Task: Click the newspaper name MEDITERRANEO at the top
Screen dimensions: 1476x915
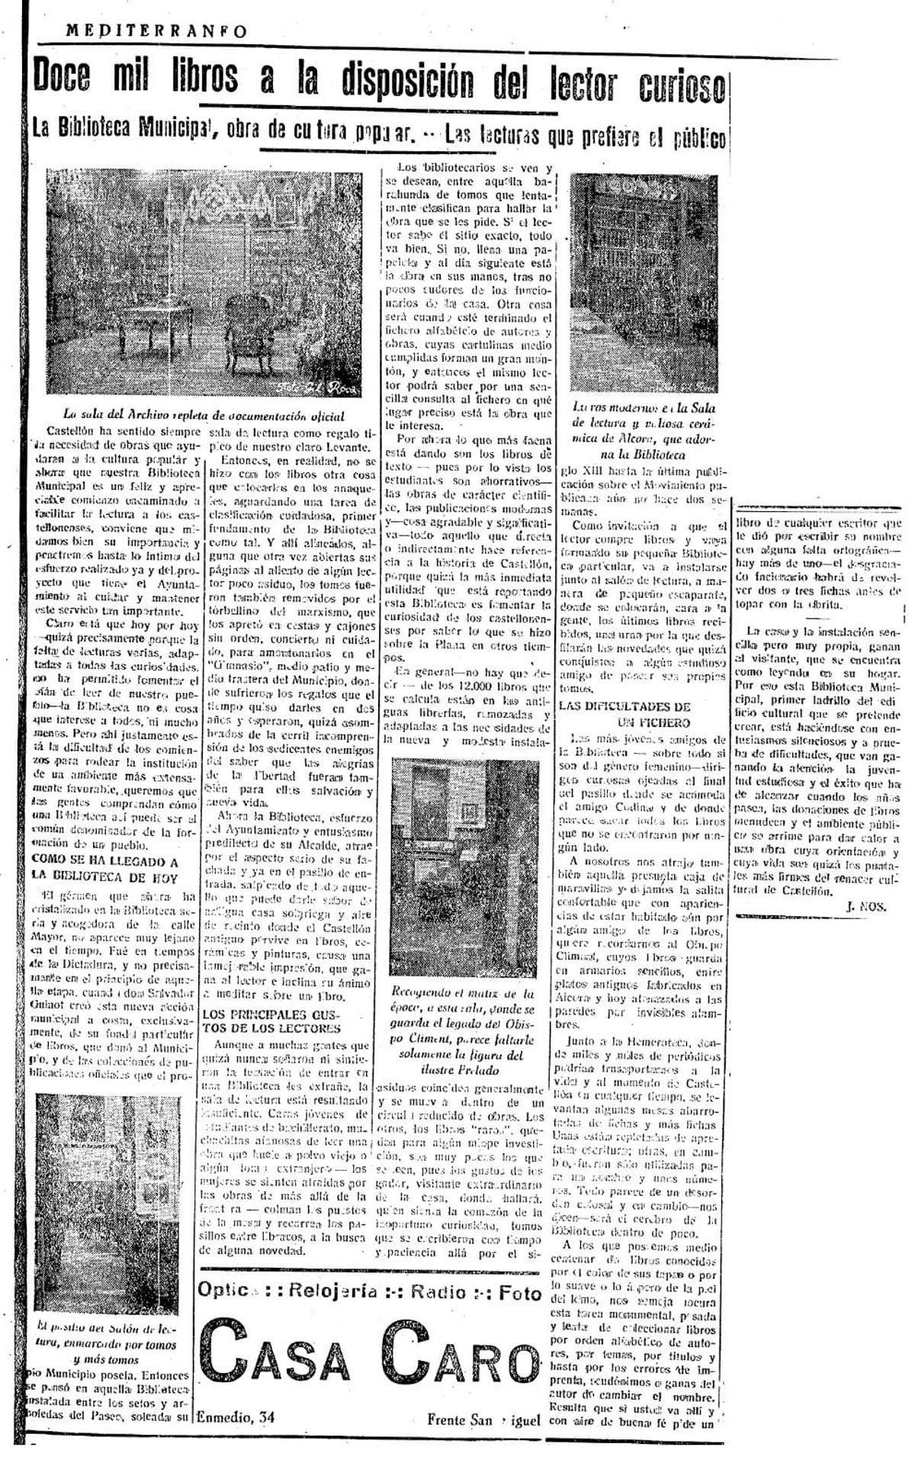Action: pos(157,31)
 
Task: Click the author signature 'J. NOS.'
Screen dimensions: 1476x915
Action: pos(865,905)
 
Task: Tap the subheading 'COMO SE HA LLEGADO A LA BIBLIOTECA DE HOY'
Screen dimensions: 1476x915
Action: pos(104,869)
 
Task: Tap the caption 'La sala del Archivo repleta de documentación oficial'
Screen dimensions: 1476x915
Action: pos(203,416)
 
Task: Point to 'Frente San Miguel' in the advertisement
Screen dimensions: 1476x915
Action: pos(483,1420)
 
